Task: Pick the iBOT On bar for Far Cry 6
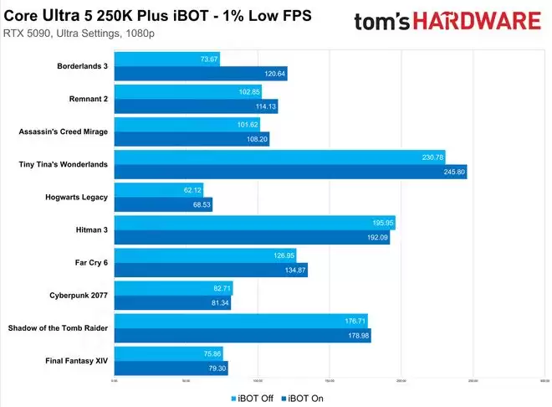tap(209, 270)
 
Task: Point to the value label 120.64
tap(274, 74)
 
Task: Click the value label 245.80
tap(454, 172)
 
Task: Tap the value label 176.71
tap(355, 321)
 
